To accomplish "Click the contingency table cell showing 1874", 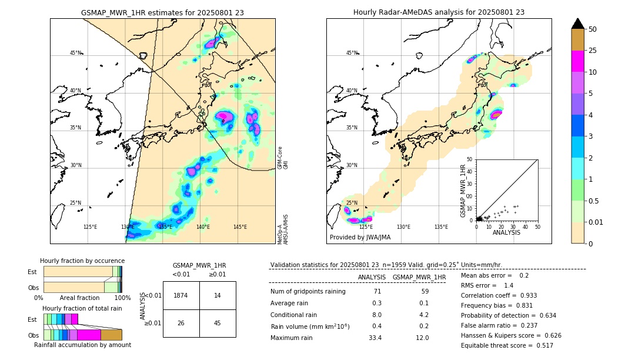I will click(181, 295).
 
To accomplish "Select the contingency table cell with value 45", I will click(217, 323).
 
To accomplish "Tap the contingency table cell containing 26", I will click(181, 323).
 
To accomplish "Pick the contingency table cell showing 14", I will click(217, 295).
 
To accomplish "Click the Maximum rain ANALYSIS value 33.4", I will click(375, 338).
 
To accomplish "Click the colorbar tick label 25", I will click(593, 51).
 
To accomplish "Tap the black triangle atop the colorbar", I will click(578, 24).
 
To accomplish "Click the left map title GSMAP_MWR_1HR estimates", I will click(162, 12).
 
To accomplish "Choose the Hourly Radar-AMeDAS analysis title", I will click(439, 12).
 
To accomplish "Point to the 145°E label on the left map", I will click(240, 226).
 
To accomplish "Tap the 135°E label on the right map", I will click(441, 226).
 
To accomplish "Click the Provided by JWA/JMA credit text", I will click(360, 237).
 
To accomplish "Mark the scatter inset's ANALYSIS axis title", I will click(506, 232).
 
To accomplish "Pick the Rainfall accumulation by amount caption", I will click(82, 345).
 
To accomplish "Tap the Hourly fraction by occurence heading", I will click(82, 261).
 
